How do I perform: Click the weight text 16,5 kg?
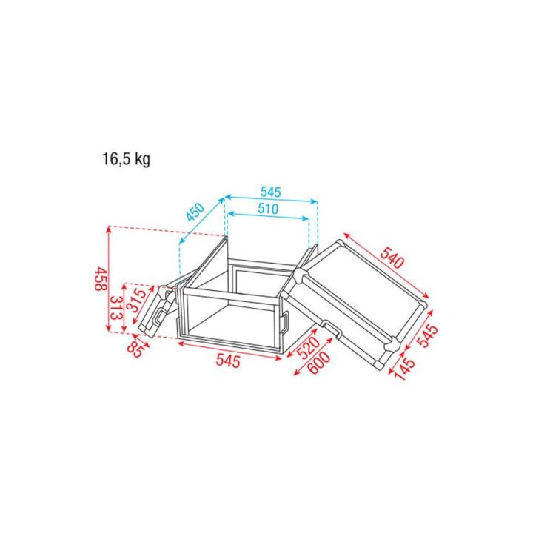click(126, 159)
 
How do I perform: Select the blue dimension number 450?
click(195, 214)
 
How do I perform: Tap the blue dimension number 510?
click(267, 209)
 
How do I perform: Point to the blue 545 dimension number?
click(271, 190)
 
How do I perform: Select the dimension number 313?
click(115, 308)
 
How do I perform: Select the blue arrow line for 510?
click(268, 218)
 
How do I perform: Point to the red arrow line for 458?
click(109, 281)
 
